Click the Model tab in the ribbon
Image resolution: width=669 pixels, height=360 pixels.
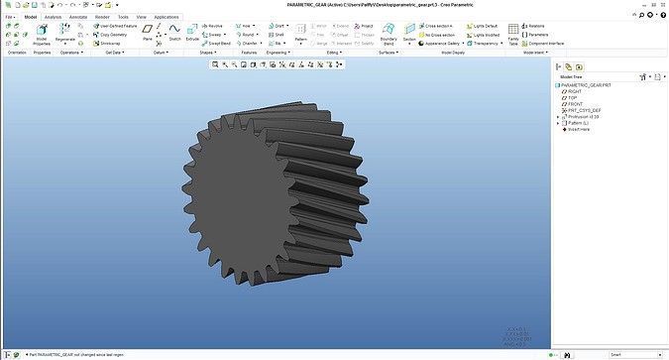30,17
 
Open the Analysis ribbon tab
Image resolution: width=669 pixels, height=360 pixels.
53,17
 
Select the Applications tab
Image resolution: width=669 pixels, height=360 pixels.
167,17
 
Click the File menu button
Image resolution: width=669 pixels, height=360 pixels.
9,17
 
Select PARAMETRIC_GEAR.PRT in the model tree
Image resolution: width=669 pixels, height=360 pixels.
591,84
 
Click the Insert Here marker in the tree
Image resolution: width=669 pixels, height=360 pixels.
578,129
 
